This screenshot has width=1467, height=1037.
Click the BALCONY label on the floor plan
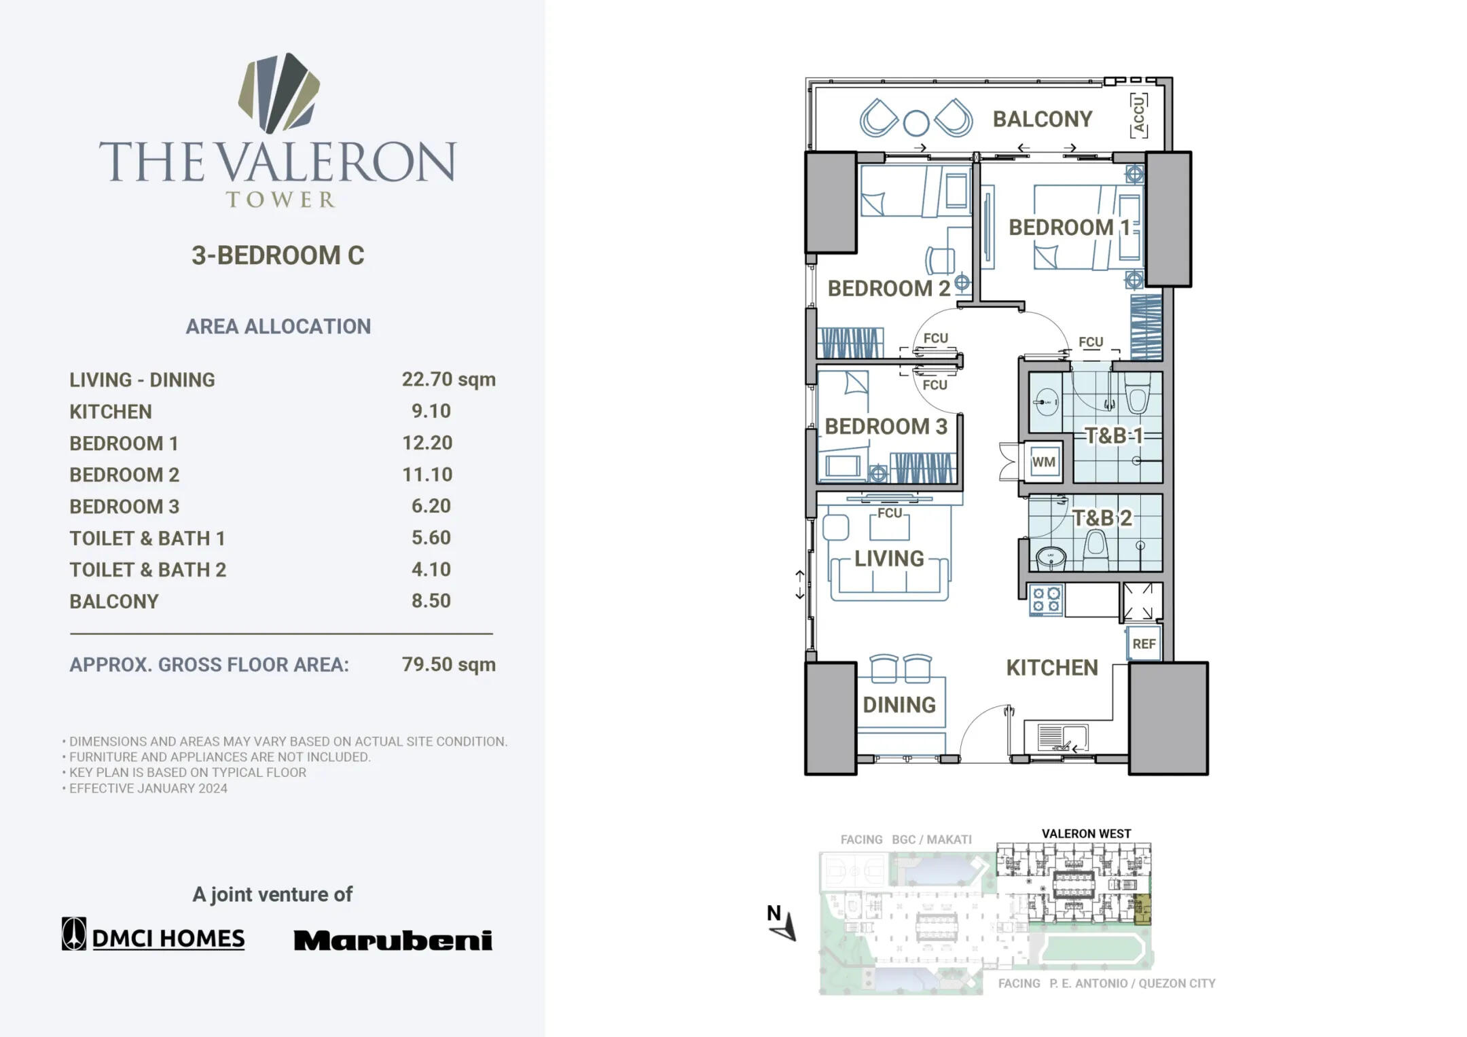tap(1042, 120)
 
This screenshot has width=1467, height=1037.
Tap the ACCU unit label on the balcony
tap(1139, 116)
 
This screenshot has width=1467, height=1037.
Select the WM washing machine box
tap(1043, 462)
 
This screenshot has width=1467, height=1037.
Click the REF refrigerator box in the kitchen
tap(1144, 644)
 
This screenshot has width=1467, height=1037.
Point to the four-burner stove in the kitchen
tap(1046, 600)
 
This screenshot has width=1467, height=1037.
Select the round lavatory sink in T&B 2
tap(1051, 558)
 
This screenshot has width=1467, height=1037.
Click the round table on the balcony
tap(916, 123)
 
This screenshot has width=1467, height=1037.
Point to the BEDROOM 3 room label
tap(886, 426)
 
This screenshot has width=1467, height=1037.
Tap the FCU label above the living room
tap(890, 513)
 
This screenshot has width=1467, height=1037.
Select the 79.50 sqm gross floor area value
tap(448, 664)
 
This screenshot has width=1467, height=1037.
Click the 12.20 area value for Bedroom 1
tap(427, 443)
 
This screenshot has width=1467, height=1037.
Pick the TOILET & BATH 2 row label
tap(147, 570)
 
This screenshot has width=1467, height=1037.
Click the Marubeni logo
tap(393, 941)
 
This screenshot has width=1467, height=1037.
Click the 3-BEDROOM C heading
tap(278, 255)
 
